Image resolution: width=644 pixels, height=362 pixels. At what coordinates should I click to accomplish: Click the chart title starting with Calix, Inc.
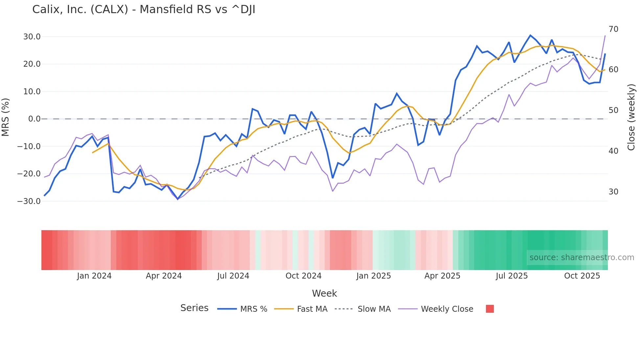coord(144,10)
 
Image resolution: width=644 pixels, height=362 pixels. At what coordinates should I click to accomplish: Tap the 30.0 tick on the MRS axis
coord(32,37)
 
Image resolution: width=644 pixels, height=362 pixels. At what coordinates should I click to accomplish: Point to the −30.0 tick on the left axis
coord(29,201)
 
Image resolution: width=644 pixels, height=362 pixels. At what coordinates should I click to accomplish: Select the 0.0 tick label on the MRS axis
coord(34,119)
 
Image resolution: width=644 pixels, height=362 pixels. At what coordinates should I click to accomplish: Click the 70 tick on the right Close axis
coord(613,29)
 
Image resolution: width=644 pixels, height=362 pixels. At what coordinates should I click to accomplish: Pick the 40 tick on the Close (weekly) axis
coord(613,151)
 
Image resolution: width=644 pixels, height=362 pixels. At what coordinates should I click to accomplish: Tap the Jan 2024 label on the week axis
coord(94,276)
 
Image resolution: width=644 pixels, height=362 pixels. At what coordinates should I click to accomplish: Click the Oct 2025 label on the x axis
coord(582,276)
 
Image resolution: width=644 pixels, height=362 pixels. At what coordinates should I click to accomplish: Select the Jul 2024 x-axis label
coord(233,276)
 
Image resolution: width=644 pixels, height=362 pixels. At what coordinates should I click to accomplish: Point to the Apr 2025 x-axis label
coord(442,276)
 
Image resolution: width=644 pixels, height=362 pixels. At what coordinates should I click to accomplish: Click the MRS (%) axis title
coord(6,117)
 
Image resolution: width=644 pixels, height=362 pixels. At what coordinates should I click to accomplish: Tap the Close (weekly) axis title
coord(631,117)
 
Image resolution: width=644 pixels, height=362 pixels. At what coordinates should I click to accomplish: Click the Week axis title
coord(324,293)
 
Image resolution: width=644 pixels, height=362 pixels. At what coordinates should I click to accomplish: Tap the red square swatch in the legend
coord(490,309)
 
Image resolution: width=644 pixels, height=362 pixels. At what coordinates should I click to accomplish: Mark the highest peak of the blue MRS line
coord(530,35)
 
